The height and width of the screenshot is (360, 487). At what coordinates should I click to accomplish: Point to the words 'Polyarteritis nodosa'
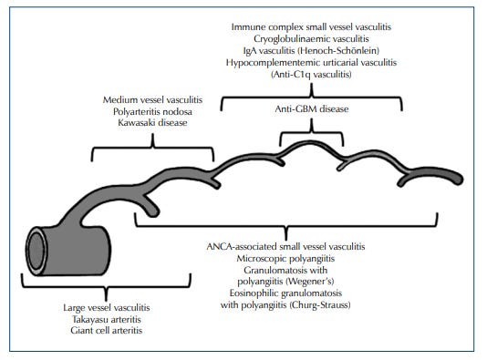(x=152, y=108)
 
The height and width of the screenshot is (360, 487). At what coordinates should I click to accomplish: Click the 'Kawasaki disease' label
(x=152, y=120)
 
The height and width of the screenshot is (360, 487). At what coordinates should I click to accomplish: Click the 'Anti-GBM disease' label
(x=311, y=110)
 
